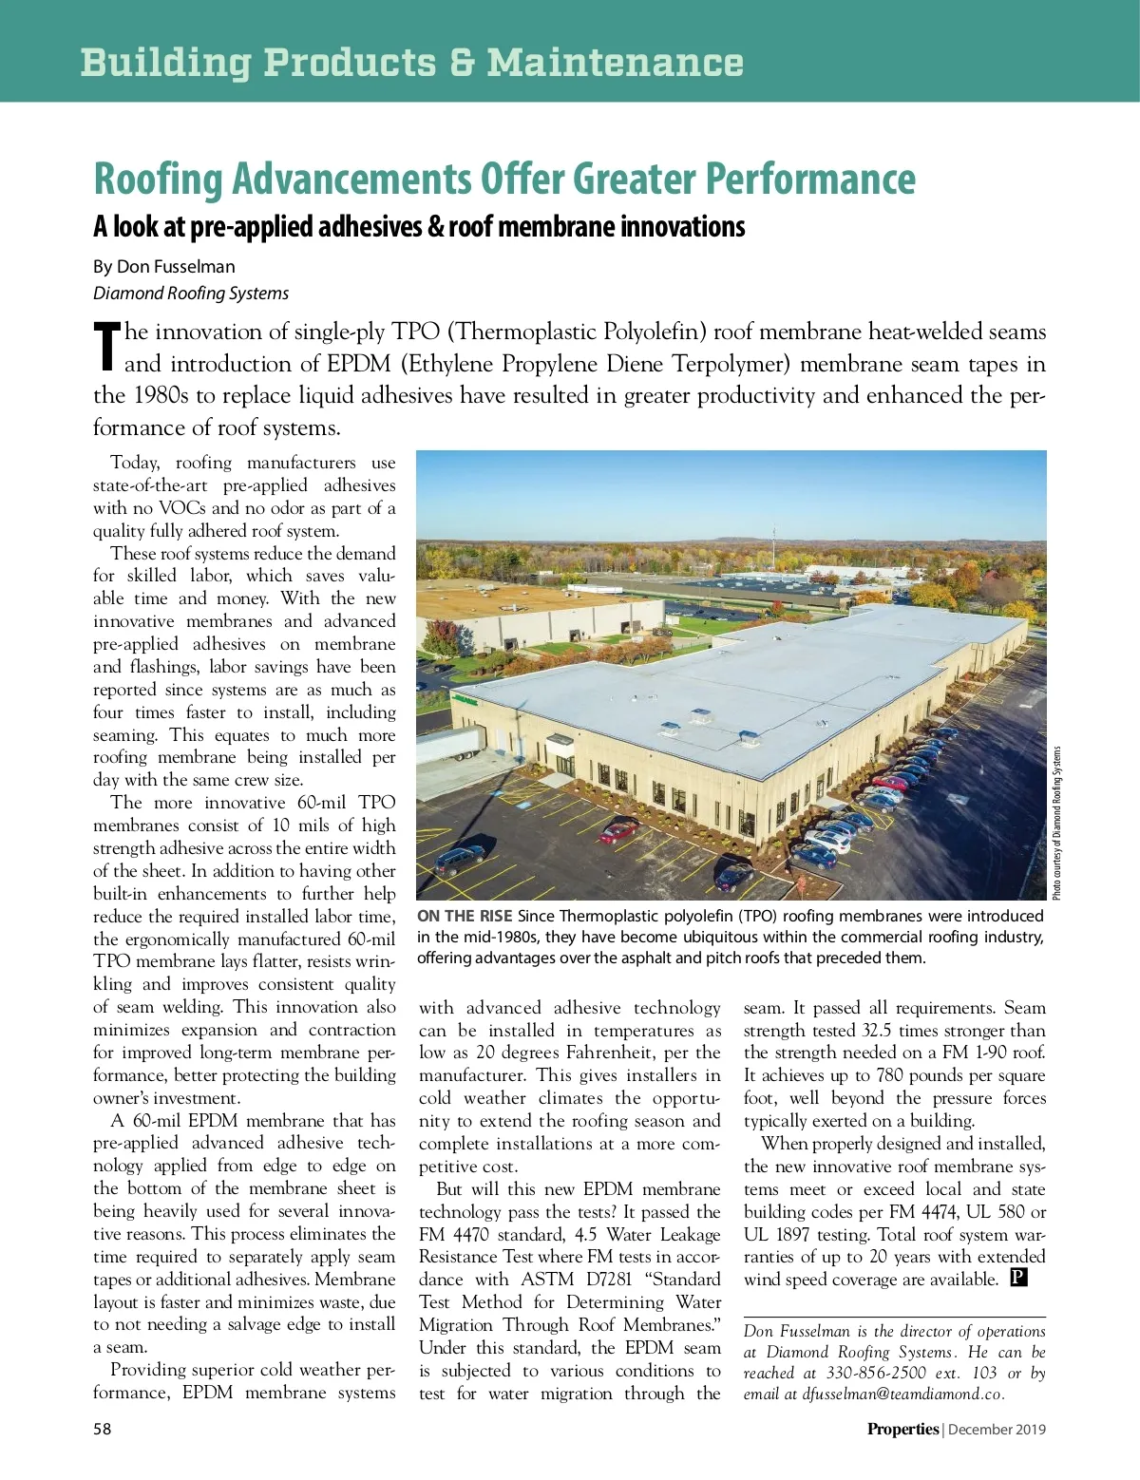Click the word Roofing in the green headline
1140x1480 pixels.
click(x=157, y=180)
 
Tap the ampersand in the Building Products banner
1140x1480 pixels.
click(x=462, y=63)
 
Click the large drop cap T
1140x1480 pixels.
click(x=107, y=347)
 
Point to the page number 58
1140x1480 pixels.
click(x=102, y=1429)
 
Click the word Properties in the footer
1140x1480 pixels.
click(x=902, y=1429)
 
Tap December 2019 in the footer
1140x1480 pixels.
click(x=997, y=1429)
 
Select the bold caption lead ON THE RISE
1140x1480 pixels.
click(x=465, y=916)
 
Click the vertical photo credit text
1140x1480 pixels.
click(x=1056, y=823)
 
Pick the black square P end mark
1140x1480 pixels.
click(x=1018, y=1278)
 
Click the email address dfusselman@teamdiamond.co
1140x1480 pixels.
click(x=902, y=1395)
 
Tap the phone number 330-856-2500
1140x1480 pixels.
click(x=876, y=1373)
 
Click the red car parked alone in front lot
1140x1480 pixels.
click(x=619, y=832)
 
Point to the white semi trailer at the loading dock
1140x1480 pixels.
click(x=450, y=744)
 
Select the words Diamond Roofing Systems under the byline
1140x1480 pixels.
click(x=191, y=294)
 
